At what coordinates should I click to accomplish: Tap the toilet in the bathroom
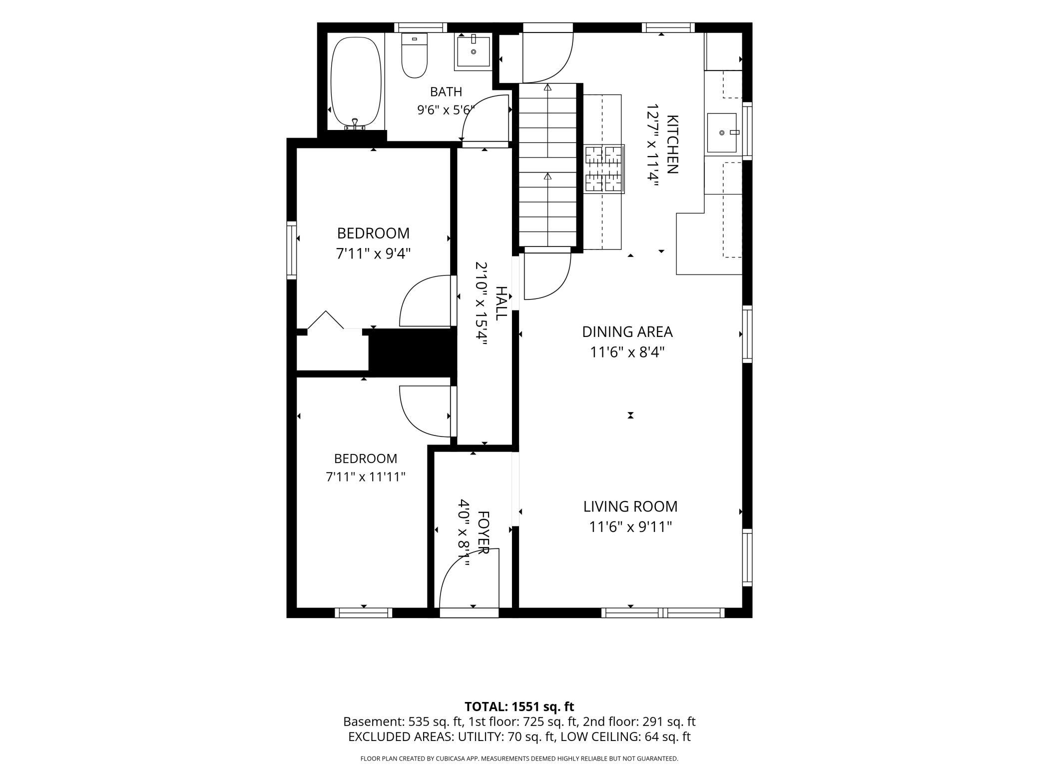point(415,55)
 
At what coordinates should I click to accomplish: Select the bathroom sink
point(473,51)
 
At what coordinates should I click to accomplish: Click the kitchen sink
point(722,132)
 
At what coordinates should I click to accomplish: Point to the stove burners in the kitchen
point(604,169)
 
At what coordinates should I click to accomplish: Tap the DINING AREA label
point(627,332)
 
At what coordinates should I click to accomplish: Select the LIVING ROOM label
point(630,506)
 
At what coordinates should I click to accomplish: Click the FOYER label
point(483,532)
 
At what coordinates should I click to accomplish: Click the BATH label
point(446,92)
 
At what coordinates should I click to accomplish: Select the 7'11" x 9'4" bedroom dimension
point(373,254)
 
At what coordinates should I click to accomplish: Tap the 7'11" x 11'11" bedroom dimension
point(366,477)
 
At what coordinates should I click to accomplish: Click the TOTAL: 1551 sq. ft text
point(519,706)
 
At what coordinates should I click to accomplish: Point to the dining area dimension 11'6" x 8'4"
point(627,352)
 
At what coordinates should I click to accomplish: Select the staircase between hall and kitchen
point(548,165)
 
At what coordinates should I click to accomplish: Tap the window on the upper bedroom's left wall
point(292,250)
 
